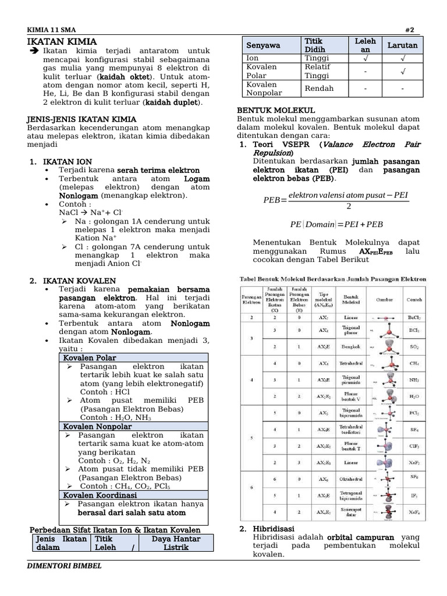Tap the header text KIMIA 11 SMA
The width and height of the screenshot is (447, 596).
[51, 30]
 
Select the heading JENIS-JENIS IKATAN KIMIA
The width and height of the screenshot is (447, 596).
[82, 119]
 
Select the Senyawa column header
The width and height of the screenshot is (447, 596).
[263, 45]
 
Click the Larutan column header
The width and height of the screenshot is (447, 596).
[403, 45]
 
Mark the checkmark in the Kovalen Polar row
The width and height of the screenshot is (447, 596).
[403, 71]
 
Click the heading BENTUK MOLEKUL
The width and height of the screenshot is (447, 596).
[276, 110]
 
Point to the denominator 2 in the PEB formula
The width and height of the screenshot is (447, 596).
[348, 206]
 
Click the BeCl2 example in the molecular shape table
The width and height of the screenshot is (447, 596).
[414, 318]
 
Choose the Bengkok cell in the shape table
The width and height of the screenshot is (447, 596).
[351, 346]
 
